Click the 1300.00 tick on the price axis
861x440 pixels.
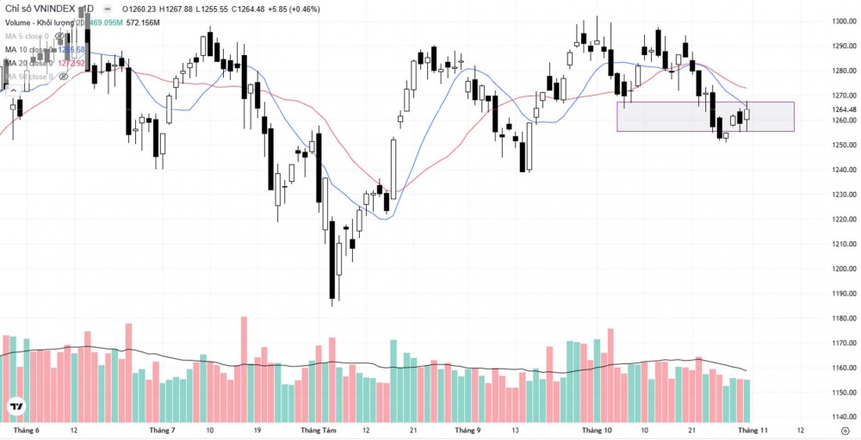pos(842,21)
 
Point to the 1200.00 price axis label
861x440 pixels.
pos(842,269)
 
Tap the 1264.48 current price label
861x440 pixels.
pos(842,109)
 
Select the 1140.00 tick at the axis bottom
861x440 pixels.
pos(842,417)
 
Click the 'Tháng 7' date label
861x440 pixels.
pos(162,429)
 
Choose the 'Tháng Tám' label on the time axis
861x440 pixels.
pos(315,429)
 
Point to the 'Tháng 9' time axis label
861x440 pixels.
pos(468,429)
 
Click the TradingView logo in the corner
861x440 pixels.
pos(15,406)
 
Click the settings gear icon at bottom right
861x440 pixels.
pos(844,429)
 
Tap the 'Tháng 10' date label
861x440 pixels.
pos(596,429)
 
